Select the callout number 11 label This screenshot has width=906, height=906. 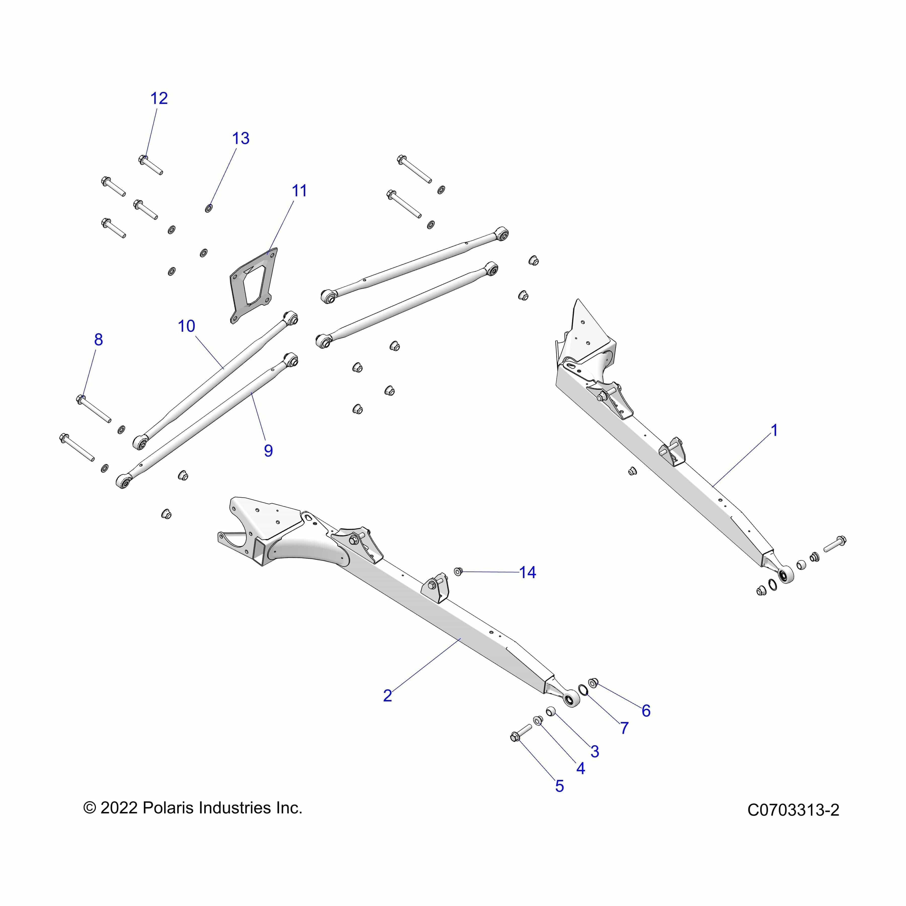click(x=299, y=191)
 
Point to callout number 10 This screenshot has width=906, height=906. click(x=186, y=326)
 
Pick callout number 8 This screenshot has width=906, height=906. click(x=98, y=339)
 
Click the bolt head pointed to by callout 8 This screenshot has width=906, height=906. click(x=81, y=399)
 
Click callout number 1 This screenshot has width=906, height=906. click(x=774, y=430)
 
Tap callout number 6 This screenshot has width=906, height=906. click(x=646, y=711)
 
